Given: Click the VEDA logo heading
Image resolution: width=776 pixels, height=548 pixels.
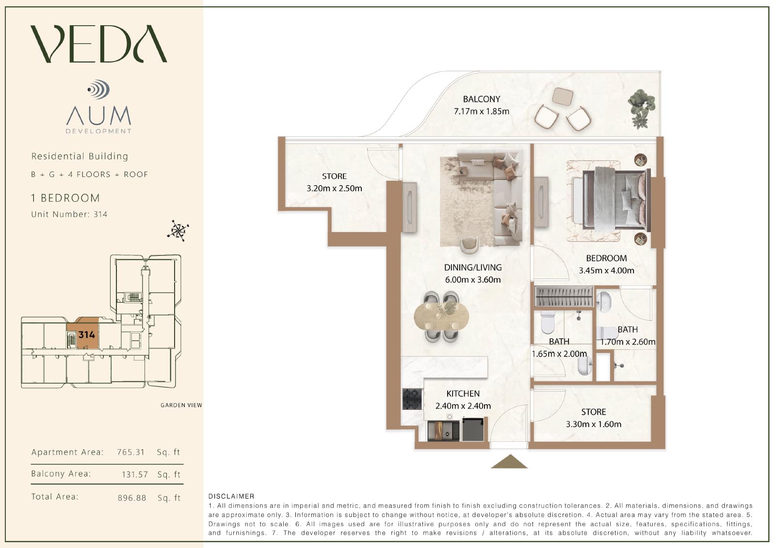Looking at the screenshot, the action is (x=99, y=44).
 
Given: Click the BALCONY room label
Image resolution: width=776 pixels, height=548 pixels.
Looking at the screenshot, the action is (x=482, y=99).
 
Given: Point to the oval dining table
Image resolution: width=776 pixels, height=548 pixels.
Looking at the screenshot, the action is (x=441, y=316).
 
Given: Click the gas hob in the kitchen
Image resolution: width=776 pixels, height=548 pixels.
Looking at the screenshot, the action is (x=412, y=399).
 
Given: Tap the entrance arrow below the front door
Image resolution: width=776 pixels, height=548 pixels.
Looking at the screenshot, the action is (x=509, y=461).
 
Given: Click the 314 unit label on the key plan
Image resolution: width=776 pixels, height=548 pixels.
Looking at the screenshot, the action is (x=87, y=335).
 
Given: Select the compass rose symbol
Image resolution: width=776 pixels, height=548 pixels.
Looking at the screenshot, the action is (x=178, y=231).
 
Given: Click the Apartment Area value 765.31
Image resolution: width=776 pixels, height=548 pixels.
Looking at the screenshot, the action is (x=130, y=452).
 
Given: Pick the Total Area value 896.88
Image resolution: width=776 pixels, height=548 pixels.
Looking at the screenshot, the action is (x=131, y=498).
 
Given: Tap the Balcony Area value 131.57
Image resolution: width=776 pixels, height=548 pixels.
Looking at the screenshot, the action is (x=135, y=474).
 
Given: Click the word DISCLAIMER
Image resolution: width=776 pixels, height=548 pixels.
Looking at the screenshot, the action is (x=231, y=496).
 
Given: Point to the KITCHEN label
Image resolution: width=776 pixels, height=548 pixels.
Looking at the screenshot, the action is (x=463, y=393).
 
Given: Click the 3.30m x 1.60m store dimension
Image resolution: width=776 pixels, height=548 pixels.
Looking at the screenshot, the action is (x=594, y=424).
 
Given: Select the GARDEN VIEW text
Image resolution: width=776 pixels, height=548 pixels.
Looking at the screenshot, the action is (x=181, y=405).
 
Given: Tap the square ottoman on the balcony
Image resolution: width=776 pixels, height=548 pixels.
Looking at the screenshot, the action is (x=562, y=96).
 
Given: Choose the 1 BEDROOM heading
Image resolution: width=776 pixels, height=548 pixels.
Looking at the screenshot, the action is (x=65, y=198).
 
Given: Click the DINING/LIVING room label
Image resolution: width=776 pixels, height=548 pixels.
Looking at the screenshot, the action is (x=473, y=267).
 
